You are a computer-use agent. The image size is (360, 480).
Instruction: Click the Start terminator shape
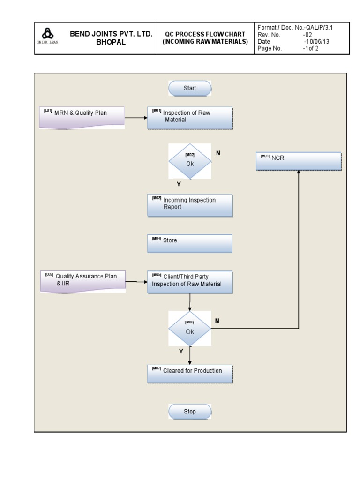tap(190, 88)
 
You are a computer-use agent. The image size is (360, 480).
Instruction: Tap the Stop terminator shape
tap(190, 412)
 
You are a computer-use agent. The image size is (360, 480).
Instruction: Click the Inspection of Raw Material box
tap(190, 118)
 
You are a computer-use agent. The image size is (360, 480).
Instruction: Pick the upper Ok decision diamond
tap(190, 161)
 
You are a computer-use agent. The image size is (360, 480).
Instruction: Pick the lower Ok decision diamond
tap(190, 329)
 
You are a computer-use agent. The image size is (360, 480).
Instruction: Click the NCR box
tap(299, 161)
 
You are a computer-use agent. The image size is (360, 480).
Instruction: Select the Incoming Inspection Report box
tap(190, 205)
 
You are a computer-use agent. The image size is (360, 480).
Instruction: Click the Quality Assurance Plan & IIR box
tap(83, 281)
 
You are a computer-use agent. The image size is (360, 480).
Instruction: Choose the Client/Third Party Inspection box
tap(190, 282)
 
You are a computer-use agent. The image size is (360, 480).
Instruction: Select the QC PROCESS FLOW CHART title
tap(205, 38)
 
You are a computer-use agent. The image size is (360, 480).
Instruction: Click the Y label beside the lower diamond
tap(181, 351)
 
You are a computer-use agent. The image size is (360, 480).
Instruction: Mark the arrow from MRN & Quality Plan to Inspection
tap(136, 118)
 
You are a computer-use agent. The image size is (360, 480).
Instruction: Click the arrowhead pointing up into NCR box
tap(299, 173)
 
